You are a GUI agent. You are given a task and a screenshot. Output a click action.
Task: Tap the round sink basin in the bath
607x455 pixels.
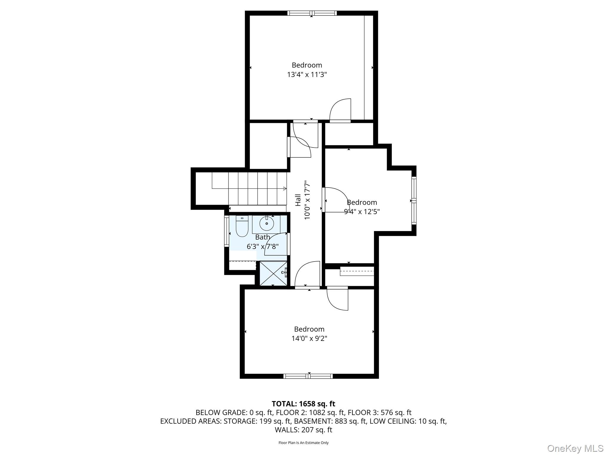(x=266, y=224)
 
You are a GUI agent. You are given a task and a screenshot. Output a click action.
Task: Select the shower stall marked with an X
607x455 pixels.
(x=273, y=273)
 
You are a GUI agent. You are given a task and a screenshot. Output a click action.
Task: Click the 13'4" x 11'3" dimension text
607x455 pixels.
(x=307, y=74)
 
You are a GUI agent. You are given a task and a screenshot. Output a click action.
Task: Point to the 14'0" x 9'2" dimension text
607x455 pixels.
(x=309, y=338)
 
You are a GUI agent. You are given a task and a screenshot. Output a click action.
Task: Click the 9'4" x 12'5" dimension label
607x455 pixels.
(x=362, y=212)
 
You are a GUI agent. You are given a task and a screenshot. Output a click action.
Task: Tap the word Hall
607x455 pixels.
(x=298, y=200)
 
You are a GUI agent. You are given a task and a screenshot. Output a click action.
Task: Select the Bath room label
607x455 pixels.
(x=263, y=237)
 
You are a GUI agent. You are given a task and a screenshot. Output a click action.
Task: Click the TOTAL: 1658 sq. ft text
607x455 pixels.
(x=303, y=404)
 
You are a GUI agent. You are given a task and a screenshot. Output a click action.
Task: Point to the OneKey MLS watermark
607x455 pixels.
(x=575, y=448)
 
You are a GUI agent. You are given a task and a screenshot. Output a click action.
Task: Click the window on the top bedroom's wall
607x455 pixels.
(x=312, y=13)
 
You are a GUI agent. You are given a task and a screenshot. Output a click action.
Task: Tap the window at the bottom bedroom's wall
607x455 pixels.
(x=308, y=376)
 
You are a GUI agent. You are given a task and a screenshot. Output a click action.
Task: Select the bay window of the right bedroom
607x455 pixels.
(x=414, y=201)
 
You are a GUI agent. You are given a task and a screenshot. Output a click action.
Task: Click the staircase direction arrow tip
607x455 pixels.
(x=285, y=188)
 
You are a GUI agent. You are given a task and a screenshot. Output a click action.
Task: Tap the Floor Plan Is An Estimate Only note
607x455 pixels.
(x=303, y=443)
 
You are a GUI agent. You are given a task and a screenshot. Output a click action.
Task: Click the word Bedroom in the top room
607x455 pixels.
(x=307, y=65)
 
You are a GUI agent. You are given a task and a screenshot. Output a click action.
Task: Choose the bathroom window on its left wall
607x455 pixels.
(x=226, y=231)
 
